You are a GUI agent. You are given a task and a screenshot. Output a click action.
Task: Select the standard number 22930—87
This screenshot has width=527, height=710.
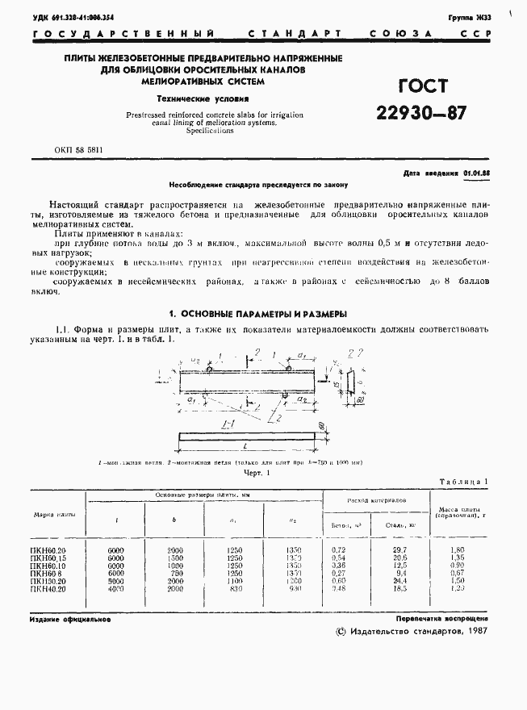click(420, 112)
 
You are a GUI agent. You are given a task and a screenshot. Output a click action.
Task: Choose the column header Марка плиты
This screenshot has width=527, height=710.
click(54, 514)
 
